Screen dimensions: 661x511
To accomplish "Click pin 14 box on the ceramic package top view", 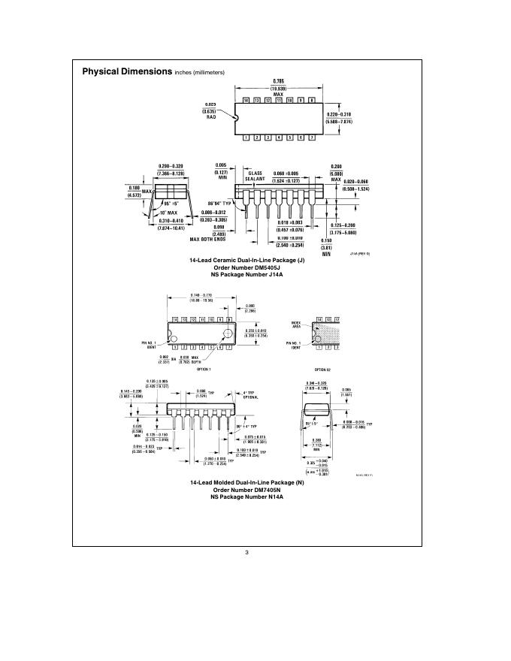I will (x=246, y=100).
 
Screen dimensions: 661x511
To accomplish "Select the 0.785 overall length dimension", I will (x=279, y=84).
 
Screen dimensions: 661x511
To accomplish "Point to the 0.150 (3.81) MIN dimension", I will (x=326, y=246).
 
